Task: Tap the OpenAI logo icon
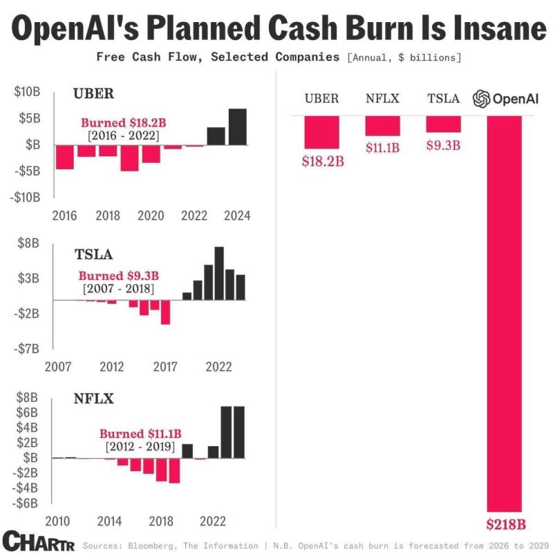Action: (481, 99)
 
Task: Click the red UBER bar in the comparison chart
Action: (321, 132)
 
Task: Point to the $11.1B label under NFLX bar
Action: (383, 146)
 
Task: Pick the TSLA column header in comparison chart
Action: (443, 99)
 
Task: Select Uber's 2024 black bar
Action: (237, 126)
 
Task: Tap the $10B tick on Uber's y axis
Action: (27, 92)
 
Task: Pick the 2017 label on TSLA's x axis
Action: (165, 366)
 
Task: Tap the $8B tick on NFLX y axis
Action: (27, 397)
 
